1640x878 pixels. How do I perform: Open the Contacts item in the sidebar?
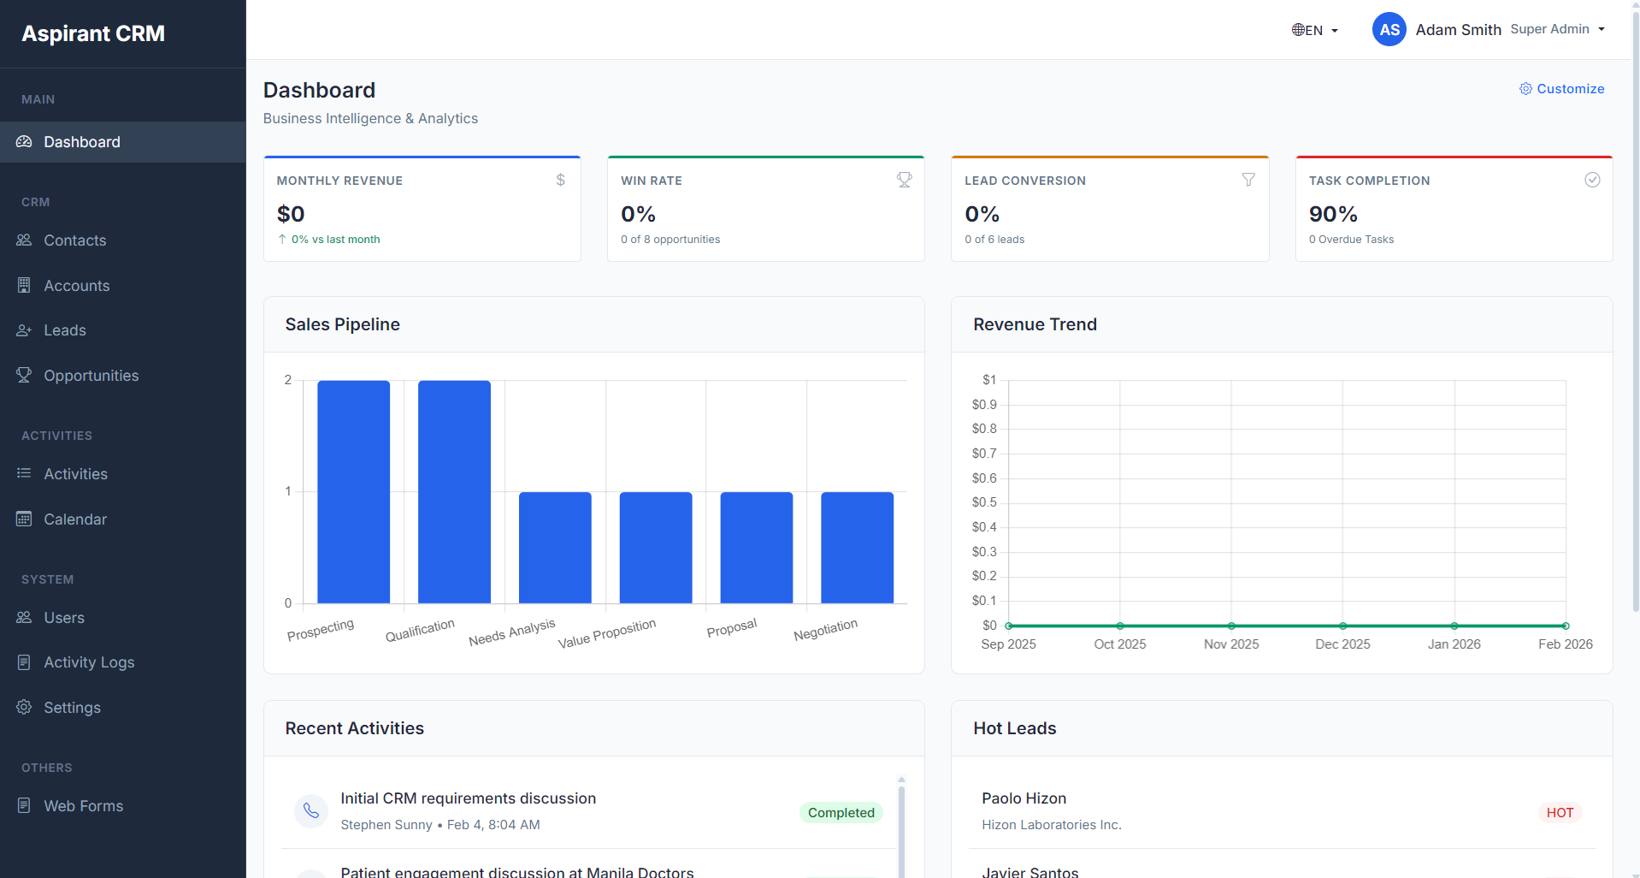[x=74, y=240]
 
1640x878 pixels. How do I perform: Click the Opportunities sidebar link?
[x=91, y=376]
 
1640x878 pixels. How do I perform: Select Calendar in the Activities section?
[x=75, y=519]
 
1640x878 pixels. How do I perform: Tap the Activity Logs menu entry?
[x=89, y=662]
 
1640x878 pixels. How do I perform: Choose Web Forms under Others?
[x=83, y=806]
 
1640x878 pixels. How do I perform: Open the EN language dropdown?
[x=1314, y=30]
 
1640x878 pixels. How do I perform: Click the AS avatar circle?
[x=1389, y=30]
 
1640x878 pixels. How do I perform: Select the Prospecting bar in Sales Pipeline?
[x=353, y=492]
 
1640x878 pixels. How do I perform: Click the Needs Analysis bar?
[x=555, y=548]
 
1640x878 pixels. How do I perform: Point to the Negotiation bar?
[x=857, y=548]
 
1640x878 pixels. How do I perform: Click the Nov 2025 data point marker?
[x=1231, y=626]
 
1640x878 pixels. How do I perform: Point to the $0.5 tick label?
[x=984, y=502]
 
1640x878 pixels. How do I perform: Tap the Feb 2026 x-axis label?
[x=1565, y=644]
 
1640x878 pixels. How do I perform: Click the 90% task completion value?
[x=1332, y=214]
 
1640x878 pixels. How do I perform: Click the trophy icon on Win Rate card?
[x=904, y=180]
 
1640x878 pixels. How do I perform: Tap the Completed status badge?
[x=841, y=813]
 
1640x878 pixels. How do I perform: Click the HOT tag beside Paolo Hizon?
[x=1560, y=813]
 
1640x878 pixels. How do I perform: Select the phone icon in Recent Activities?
[x=311, y=810]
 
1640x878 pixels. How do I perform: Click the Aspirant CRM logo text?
[x=93, y=33]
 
